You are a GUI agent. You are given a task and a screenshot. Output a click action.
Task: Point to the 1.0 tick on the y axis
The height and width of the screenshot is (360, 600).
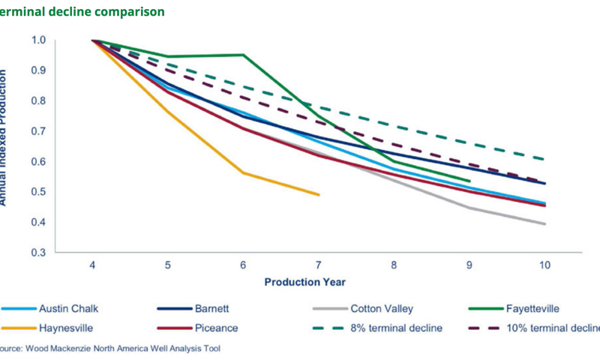tap(38, 40)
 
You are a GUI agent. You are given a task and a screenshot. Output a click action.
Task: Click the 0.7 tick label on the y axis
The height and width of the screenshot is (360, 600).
tap(38, 131)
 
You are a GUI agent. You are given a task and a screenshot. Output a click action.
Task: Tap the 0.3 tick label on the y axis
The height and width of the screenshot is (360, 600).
tap(38, 253)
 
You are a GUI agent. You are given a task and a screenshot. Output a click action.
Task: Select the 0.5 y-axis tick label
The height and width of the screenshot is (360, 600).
tap(38, 192)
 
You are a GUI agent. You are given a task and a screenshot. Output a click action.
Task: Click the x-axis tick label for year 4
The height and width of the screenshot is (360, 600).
tap(92, 265)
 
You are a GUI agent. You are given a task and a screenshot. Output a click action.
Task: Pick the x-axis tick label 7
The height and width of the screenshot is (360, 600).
tap(319, 265)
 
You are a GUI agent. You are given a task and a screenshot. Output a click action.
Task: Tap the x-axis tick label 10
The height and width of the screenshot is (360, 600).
tap(544, 265)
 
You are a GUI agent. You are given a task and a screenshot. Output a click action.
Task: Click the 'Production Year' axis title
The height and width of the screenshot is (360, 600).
tap(304, 282)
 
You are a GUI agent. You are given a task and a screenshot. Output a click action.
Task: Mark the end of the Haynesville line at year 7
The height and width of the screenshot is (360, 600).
tap(319, 195)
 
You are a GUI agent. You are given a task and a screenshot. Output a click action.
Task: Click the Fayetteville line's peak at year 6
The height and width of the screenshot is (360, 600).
tap(243, 55)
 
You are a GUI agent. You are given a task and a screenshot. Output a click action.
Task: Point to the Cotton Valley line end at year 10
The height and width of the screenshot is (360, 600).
tap(544, 223)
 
